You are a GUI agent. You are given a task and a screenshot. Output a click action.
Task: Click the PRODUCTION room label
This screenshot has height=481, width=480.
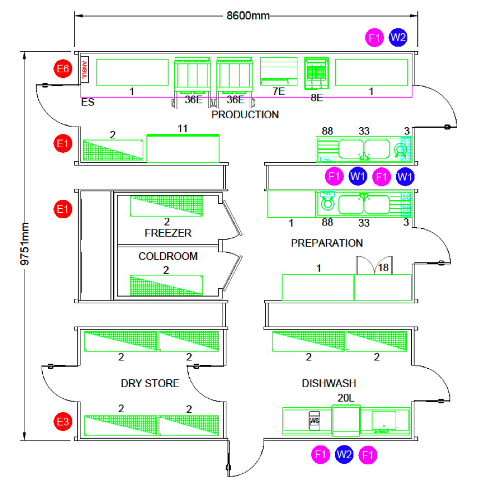point(245,115)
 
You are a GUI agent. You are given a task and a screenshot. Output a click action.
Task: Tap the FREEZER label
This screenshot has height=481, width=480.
point(168,233)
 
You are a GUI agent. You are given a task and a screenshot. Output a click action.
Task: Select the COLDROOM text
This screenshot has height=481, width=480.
point(168,257)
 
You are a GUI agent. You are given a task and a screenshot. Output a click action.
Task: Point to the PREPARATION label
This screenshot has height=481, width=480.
point(327,243)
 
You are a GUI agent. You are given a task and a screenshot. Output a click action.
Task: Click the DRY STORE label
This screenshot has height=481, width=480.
point(150,384)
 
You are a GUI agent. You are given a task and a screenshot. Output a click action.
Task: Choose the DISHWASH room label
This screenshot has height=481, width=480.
point(329,384)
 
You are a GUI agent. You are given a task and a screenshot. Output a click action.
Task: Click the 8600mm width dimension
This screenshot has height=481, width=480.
point(247,16)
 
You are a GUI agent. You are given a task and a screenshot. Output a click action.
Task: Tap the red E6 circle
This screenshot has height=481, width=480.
point(63,70)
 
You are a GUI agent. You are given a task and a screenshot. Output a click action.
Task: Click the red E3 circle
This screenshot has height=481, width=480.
point(63,422)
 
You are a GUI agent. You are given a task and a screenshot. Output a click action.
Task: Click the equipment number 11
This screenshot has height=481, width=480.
point(183,129)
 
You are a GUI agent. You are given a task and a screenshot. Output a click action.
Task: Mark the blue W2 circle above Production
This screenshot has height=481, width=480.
point(398,38)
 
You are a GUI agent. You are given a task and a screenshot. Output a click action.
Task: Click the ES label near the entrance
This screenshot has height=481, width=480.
point(88,103)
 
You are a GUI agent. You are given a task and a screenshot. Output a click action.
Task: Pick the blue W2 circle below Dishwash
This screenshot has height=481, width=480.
point(344,454)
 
